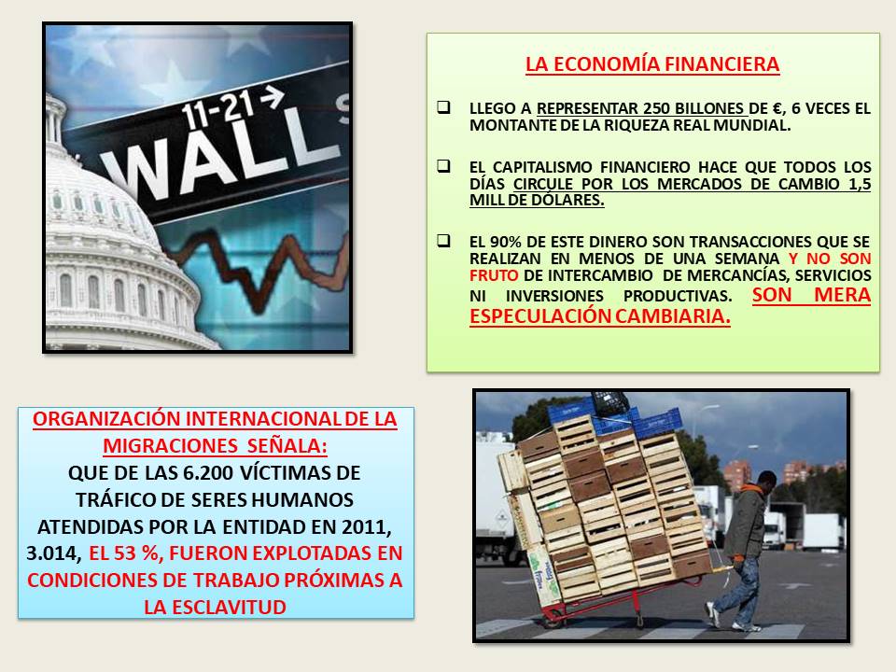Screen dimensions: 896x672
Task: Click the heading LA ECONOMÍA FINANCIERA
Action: tap(652, 64)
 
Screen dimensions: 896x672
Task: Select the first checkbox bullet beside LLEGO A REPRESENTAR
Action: tap(443, 106)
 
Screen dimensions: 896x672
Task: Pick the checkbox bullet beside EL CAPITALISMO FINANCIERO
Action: tap(443, 166)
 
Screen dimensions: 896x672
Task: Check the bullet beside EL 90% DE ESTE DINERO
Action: tap(443, 240)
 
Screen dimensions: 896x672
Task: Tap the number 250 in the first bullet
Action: tap(656, 108)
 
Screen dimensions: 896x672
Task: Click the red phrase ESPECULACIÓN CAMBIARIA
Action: tap(600, 315)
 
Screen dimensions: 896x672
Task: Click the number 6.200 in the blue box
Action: tap(208, 473)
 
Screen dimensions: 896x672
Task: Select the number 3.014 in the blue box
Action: tap(52, 553)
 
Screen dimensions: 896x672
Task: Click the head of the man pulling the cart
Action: tap(765, 480)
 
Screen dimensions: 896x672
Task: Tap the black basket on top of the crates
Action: tap(610, 403)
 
